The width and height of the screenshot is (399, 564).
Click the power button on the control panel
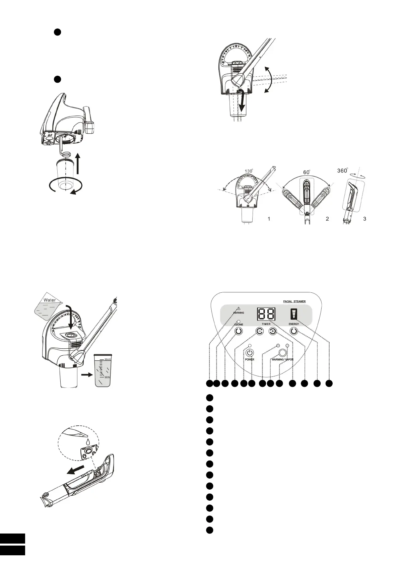point(250,353)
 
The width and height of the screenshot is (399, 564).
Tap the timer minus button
point(260,331)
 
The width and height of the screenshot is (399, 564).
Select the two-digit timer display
point(267,314)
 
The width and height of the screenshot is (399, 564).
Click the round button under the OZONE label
point(238,331)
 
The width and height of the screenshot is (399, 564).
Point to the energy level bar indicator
point(294,314)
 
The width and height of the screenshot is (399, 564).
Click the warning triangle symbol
point(238,308)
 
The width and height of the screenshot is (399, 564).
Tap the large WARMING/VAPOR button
point(283,353)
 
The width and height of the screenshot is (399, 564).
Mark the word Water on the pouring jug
point(50,300)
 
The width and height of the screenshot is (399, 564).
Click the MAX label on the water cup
point(108,359)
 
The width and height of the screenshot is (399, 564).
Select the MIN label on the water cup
point(107,377)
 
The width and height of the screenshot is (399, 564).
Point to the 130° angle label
point(249,171)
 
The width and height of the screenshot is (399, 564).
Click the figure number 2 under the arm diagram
point(327,219)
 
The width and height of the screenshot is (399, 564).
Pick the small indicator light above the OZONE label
point(238,322)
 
